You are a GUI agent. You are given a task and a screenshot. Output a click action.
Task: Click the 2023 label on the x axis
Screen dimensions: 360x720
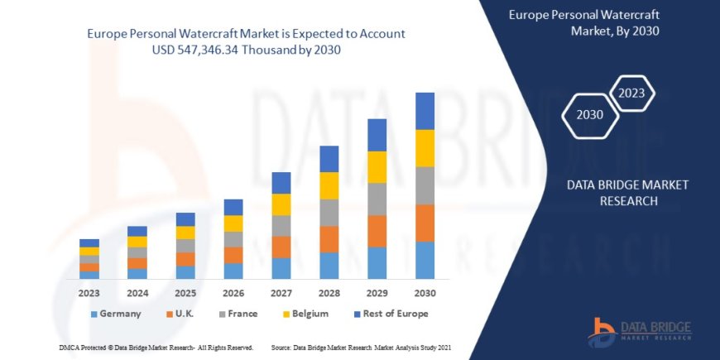pyautogui.click(x=89, y=292)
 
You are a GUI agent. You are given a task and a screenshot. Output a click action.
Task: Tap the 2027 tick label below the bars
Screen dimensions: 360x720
pyautogui.click(x=281, y=292)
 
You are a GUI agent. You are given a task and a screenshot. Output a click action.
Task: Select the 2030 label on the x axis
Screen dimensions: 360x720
pyautogui.click(x=425, y=292)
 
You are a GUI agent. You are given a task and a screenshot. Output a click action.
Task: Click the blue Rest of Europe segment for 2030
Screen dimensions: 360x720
pyautogui.click(x=425, y=111)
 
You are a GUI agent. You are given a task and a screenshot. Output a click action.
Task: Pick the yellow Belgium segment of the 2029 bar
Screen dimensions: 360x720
pyautogui.click(x=377, y=167)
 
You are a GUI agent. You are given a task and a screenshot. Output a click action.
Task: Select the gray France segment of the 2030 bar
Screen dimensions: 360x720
pyautogui.click(x=425, y=185)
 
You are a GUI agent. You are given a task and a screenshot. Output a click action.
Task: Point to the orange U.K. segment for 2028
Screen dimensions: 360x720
pyautogui.click(x=329, y=239)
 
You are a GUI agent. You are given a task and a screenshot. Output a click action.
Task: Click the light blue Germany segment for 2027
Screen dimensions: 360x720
pyautogui.click(x=281, y=268)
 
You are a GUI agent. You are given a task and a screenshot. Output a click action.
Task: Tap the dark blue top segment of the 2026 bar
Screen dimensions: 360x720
pyautogui.click(x=233, y=207)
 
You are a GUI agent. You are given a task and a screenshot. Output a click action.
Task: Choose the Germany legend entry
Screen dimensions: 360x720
pyautogui.click(x=116, y=314)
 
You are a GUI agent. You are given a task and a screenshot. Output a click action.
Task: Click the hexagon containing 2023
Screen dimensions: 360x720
pyautogui.click(x=631, y=93)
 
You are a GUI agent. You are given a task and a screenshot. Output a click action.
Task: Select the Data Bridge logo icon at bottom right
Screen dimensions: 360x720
pyautogui.click(x=601, y=330)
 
